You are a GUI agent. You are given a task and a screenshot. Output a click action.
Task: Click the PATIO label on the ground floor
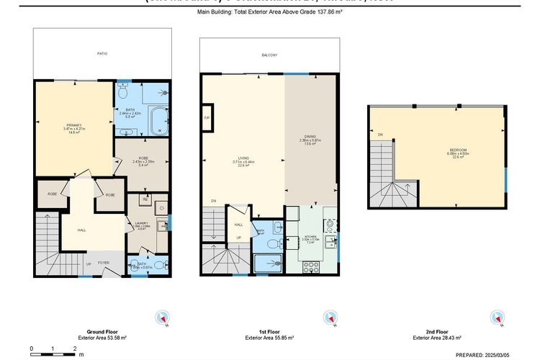(x=103, y=53)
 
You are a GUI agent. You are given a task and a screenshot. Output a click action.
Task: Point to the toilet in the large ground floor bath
(x=122, y=92)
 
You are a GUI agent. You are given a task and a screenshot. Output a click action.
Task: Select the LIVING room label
(x=243, y=159)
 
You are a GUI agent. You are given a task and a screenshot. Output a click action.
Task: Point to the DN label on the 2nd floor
(x=379, y=134)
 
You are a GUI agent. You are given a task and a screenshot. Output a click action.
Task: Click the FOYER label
(x=103, y=263)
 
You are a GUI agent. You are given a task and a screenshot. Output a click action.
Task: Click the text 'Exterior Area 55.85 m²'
(x=269, y=337)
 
